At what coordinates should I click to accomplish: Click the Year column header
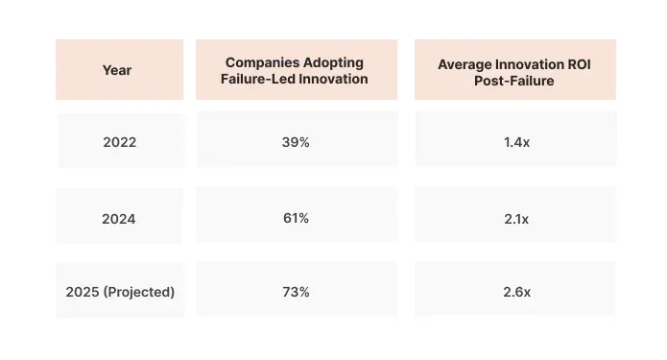[x=119, y=70]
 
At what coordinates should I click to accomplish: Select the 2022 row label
[x=119, y=142]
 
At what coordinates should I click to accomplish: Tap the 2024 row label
[x=119, y=218]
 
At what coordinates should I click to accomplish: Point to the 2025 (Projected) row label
[x=119, y=291]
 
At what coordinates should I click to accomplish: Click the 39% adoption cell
[x=296, y=141]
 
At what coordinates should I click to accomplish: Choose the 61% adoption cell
[x=296, y=218]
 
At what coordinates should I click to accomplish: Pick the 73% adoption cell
[x=296, y=291]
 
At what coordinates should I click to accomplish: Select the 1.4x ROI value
[x=515, y=142]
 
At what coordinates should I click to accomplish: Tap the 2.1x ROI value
[x=515, y=218]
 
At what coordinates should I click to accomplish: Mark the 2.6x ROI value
[x=515, y=291]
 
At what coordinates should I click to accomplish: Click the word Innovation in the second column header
[x=334, y=80]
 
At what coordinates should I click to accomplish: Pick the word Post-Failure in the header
[x=515, y=82]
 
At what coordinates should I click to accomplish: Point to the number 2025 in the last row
[x=83, y=291]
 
